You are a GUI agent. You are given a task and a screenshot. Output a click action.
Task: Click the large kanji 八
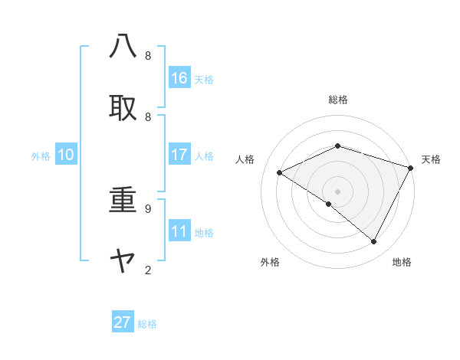tap(123, 46)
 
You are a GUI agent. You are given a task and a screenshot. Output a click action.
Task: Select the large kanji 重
tap(123, 201)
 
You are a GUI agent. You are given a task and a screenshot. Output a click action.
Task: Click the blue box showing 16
tap(179, 78)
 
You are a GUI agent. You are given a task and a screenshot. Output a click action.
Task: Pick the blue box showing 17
tap(179, 155)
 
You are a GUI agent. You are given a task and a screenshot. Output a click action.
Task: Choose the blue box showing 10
tap(66, 155)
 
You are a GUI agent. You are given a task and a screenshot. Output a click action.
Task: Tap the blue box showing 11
tap(179, 231)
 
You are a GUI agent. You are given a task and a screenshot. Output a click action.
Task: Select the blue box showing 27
tap(123, 322)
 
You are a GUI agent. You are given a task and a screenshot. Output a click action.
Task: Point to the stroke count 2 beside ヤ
tap(147, 270)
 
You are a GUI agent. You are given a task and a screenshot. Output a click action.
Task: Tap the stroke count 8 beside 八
tap(147, 55)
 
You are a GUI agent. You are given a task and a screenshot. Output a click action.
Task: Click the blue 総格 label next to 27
tap(147, 324)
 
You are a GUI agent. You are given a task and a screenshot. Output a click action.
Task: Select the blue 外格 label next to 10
tap(41, 156)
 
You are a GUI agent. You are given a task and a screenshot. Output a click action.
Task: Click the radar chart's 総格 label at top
tap(337, 100)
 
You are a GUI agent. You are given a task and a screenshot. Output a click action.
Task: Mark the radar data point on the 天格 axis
tap(411, 168)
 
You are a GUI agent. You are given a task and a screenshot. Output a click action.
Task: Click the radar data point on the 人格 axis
tap(280, 173)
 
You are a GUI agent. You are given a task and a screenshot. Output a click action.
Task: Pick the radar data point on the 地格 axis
tap(374, 242)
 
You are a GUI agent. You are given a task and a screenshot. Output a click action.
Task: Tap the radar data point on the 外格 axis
tap(329, 204)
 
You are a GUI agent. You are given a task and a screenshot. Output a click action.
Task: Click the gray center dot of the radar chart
tap(337, 191)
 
